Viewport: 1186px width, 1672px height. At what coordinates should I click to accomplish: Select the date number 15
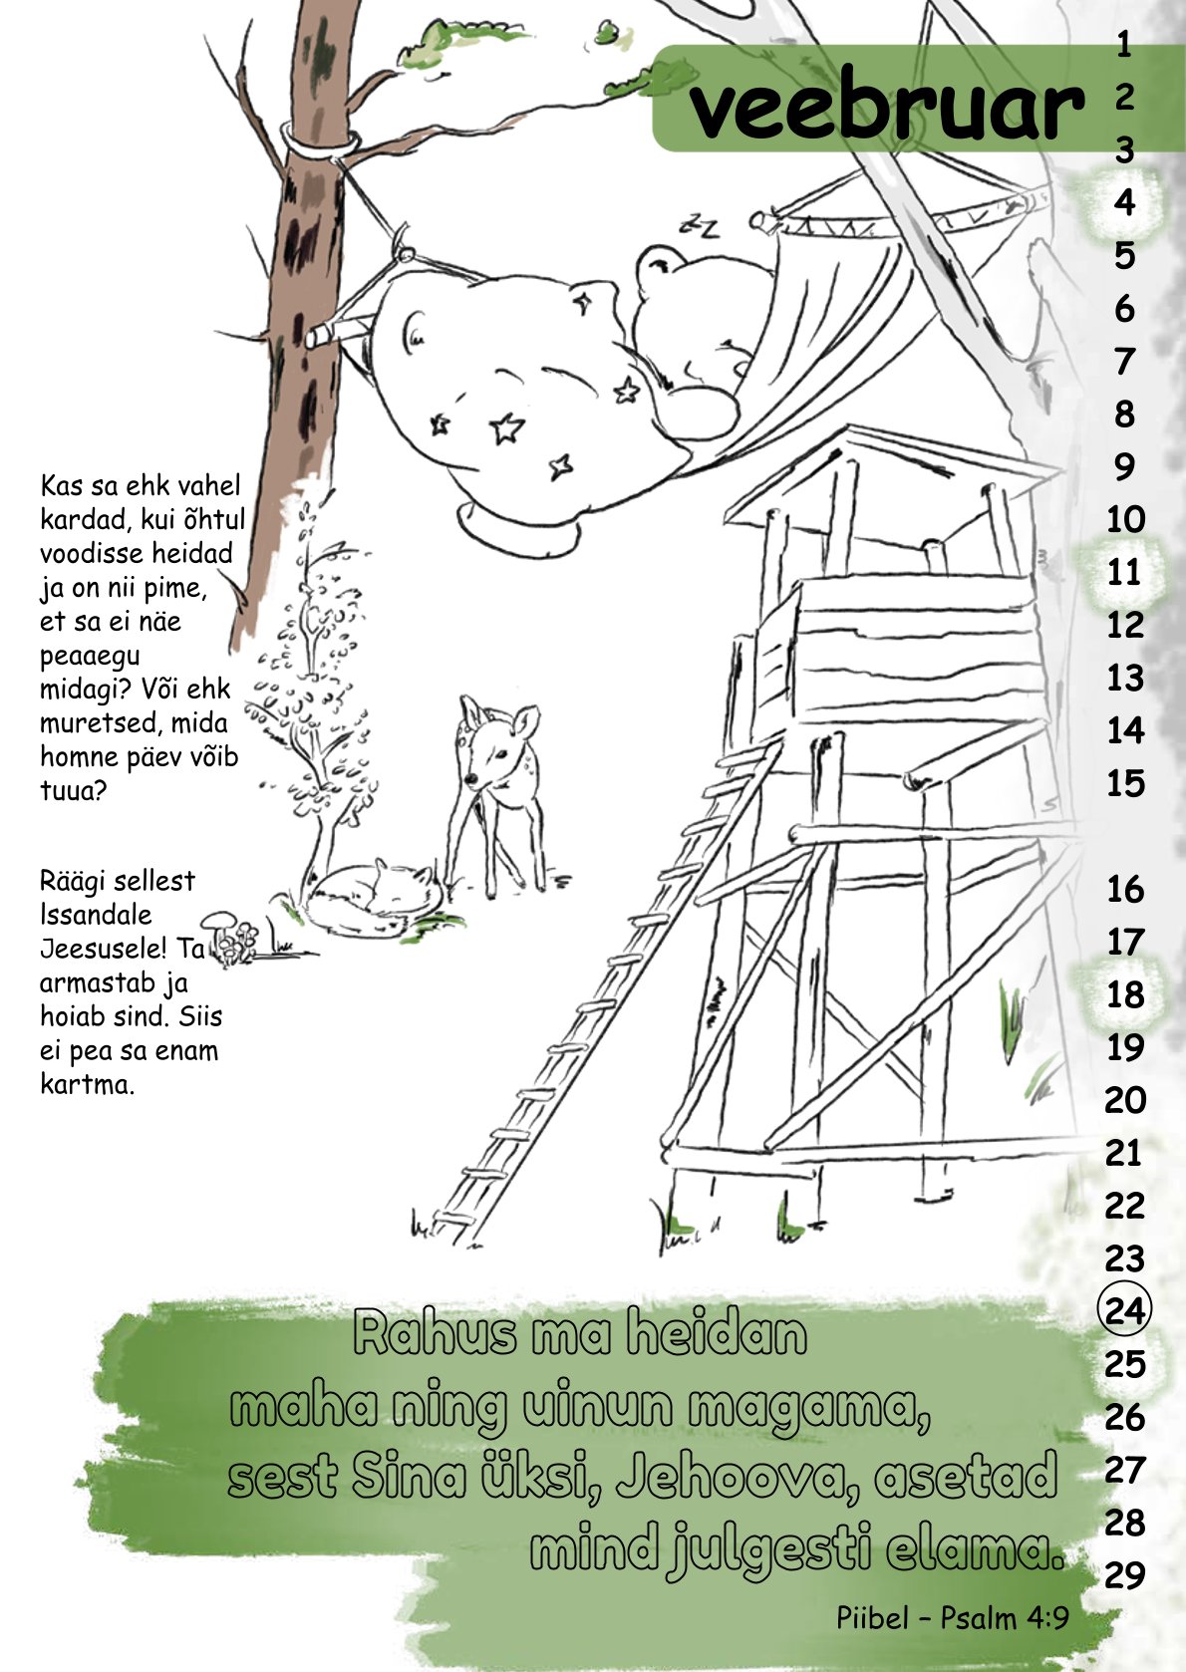(x=1125, y=783)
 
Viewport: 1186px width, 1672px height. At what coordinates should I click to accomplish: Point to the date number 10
(x=1125, y=519)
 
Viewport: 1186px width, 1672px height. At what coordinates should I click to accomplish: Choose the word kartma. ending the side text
(x=88, y=1084)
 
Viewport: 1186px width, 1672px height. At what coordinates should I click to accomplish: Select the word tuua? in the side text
(x=74, y=790)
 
